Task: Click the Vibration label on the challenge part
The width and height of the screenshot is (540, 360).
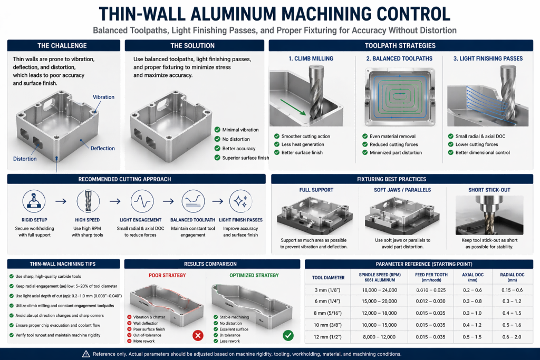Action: pyautogui.click(x=103, y=97)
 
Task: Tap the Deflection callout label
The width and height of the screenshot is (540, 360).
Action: pyautogui.click(x=102, y=148)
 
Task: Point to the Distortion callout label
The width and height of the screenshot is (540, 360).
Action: pyautogui.click(x=25, y=159)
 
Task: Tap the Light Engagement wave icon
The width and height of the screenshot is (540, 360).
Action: pyautogui.click(x=140, y=201)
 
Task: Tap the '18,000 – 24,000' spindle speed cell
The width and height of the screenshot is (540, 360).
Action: pyautogui.click(x=379, y=289)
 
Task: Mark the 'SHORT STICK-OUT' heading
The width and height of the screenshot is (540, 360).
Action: pyautogui.click(x=489, y=190)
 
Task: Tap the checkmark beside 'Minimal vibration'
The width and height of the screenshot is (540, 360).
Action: pyautogui.click(x=217, y=130)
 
